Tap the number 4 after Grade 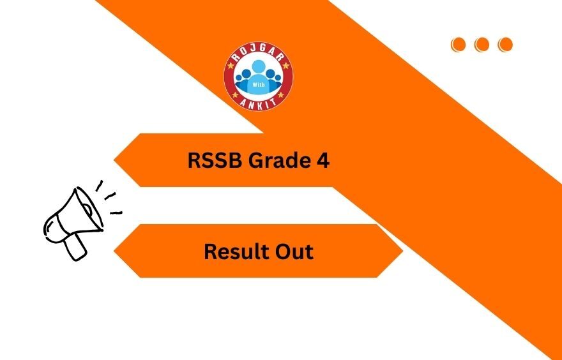tap(323, 161)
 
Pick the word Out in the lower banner tap(293, 251)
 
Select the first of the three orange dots tap(458, 44)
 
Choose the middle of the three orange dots tap(482, 44)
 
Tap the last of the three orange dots tap(505, 44)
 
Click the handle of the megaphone tap(76, 246)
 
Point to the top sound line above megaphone tap(99, 186)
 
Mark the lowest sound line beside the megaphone tap(115, 213)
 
